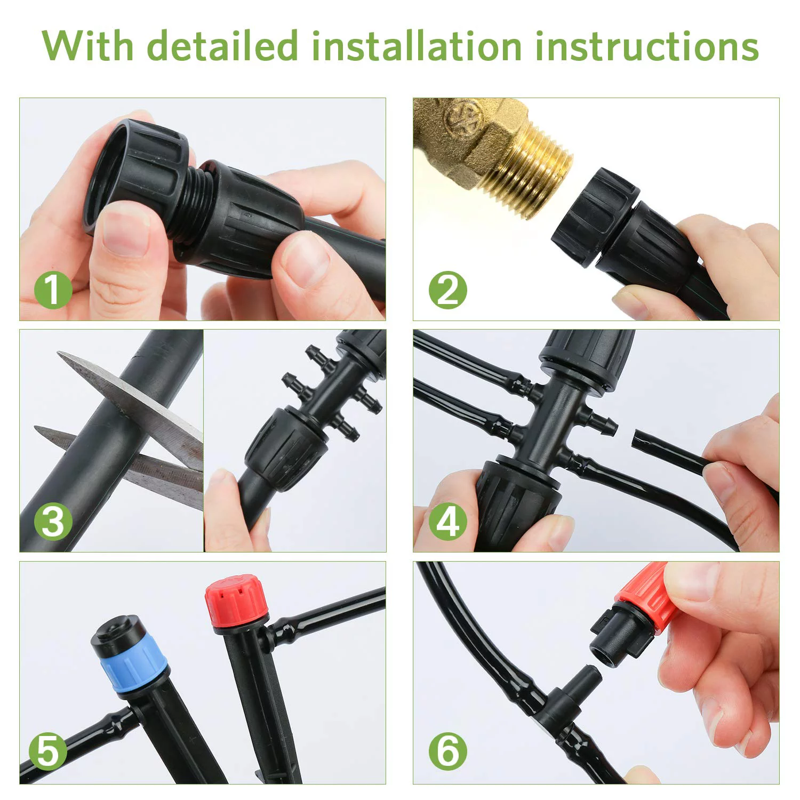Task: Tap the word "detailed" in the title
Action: (x=222, y=46)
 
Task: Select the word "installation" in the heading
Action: (x=417, y=46)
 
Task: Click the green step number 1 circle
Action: (x=53, y=290)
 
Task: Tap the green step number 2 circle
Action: (x=447, y=290)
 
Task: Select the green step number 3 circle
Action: (x=53, y=521)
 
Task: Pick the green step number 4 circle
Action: (x=447, y=521)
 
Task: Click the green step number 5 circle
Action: (x=47, y=751)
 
